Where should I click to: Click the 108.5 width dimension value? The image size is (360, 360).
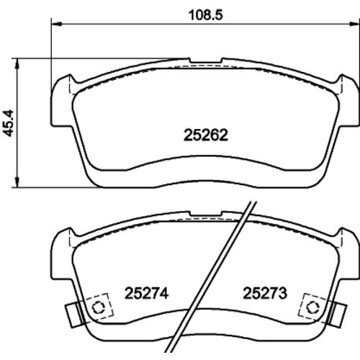[x=206, y=15]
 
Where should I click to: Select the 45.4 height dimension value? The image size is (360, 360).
[x=9, y=123]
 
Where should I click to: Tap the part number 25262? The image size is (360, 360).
[x=206, y=135]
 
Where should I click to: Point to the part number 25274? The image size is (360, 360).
[x=146, y=293]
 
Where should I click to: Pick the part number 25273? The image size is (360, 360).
[x=265, y=293]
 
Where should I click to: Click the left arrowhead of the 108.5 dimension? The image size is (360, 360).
[x=57, y=24]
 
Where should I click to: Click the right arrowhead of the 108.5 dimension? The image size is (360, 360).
[x=354, y=24]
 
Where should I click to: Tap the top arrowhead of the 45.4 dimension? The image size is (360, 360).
[x=17, y=63]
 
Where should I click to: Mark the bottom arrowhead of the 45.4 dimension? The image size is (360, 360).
[x=17, y=182]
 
